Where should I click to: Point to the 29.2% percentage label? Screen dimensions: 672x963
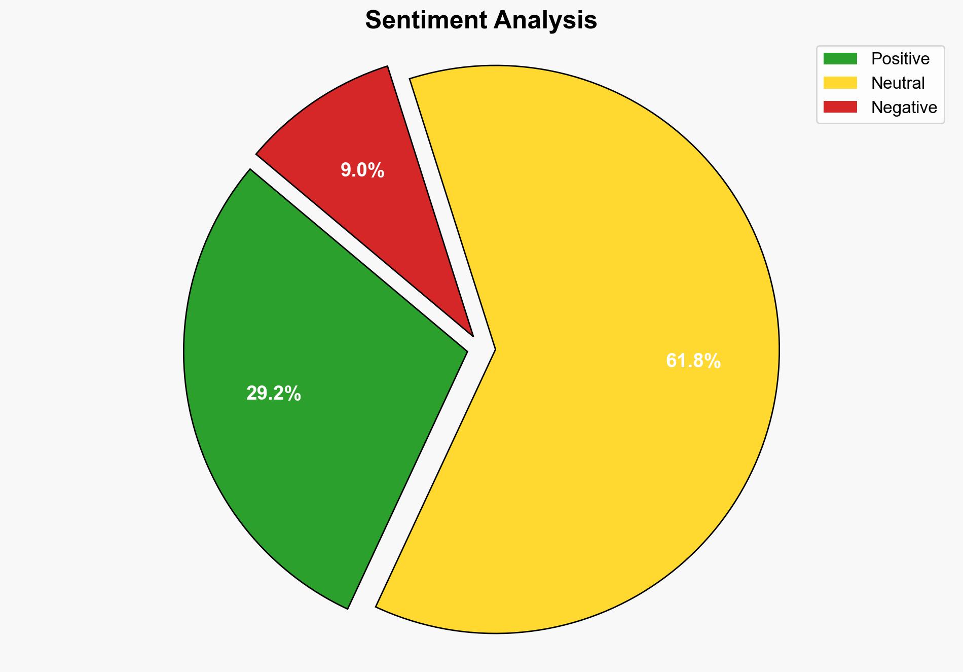pyautogui.click(x=274, y=394)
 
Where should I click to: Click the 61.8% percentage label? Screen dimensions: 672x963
pyautogui.click(x=693, y=361)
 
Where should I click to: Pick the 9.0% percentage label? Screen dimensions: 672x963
pyautogui.click(x=362, y=170)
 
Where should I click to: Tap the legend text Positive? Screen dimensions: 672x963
pyautogui.click(x=900, y=59)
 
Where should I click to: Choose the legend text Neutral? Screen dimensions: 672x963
pyautogui.click(x=898, y=83)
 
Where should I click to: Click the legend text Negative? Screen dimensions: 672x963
pyautogui.click(x=904, y=108)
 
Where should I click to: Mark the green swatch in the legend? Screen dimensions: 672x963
pyautogui.click(x=840, y=59)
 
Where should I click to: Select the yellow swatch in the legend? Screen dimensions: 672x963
pyautogui.click(x=840, y=83)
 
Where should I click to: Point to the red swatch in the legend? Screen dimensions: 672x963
pyautogui.click(x=840, y=107)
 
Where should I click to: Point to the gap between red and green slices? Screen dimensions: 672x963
pyautogui.click(x=355, y=254)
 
